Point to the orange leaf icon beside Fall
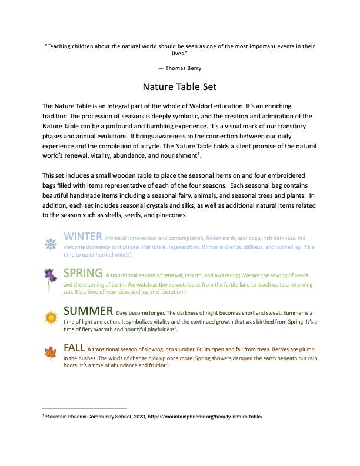pyautogui.click(x=50, y=353)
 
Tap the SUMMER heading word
pyautogui.click(x=88, y=311)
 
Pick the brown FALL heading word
pyautogui.click(x=74, y=347)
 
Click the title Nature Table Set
pyautogui.click(x=180, y=87)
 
